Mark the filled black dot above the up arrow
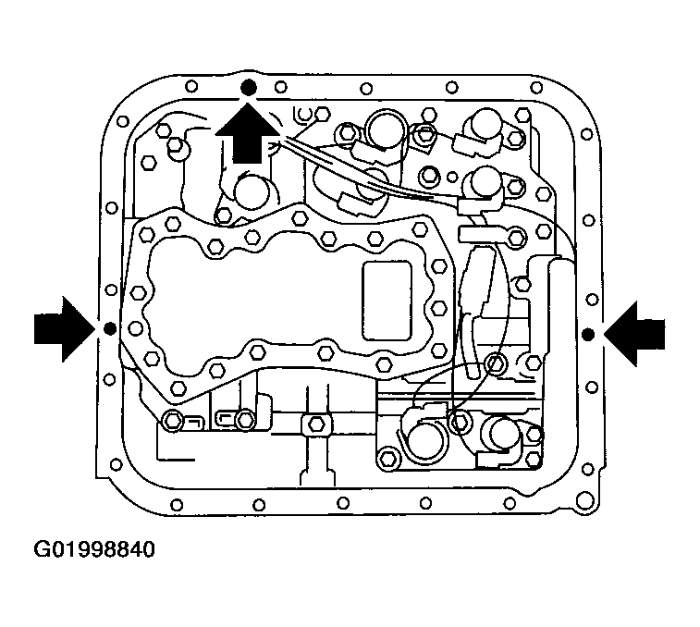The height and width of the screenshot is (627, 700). coord(247,87)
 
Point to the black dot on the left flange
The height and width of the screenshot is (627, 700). coord(109,328)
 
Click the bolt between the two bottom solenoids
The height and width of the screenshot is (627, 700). coord(460,422)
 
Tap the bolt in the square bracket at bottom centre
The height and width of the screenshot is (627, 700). coord(314,424)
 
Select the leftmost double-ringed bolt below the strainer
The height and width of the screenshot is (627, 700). coord(173,422)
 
